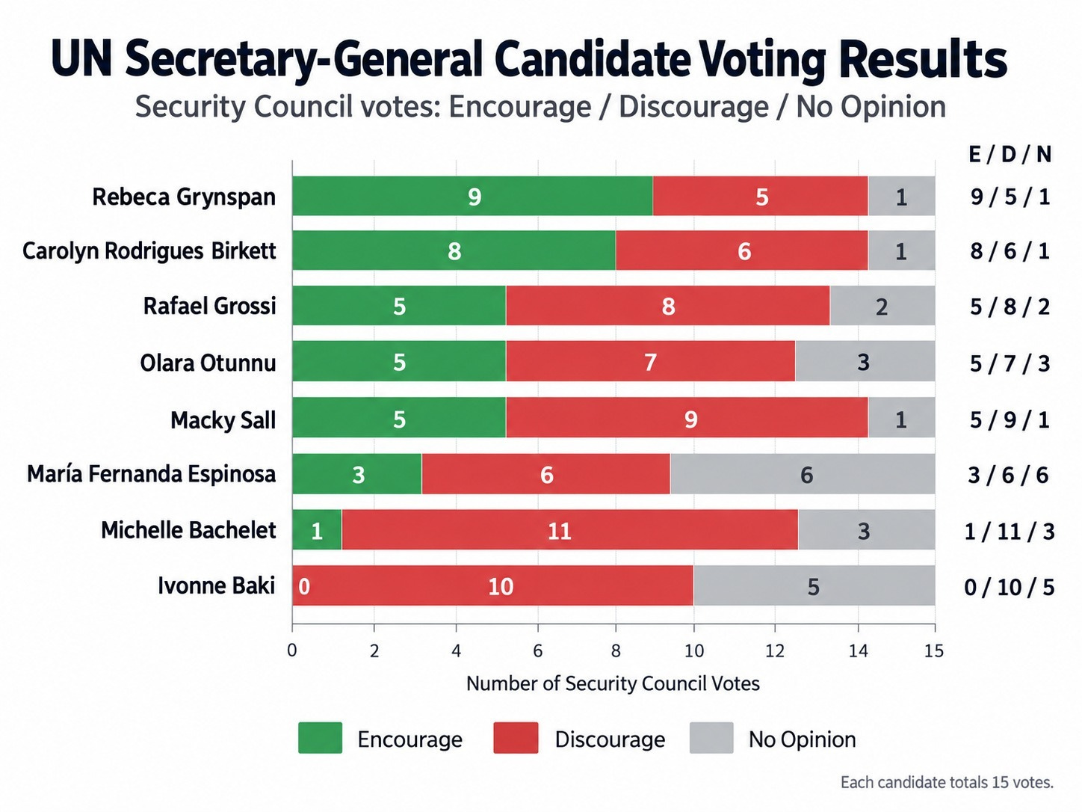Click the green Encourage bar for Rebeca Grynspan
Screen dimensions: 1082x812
click(x=472, y=196)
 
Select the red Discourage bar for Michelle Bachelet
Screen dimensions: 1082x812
click(x=569, y=530)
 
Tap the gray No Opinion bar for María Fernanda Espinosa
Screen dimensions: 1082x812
click(x=803, y=474)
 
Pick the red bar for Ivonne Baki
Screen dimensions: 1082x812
click(x=493, y=585)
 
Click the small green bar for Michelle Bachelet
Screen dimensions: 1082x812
click(x=317, y=530)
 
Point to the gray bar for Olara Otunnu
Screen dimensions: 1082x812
click(x=865, y=361)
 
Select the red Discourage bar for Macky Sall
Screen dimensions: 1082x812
click(x=687, y=417)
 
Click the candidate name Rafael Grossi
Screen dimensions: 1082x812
click(x=209, y=306)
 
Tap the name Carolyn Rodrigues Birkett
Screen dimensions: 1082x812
click(x=149, y=251)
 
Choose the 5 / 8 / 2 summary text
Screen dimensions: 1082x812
click(x=1010, y=307)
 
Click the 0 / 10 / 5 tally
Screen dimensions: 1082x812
click(x=1009, y=587)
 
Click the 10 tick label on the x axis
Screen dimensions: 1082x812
click(x=693, y=650)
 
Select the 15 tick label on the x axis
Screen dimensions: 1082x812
click(x=933, y=650)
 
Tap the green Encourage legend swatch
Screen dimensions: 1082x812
click(x=320, y=737)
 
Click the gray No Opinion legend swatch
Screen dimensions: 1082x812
click(x=711, y=737)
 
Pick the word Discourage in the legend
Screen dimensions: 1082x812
click(x=610, y=739)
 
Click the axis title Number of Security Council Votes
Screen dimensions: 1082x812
click(x=613, y=683)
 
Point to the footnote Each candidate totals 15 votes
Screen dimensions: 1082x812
click(x=947, y=782)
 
